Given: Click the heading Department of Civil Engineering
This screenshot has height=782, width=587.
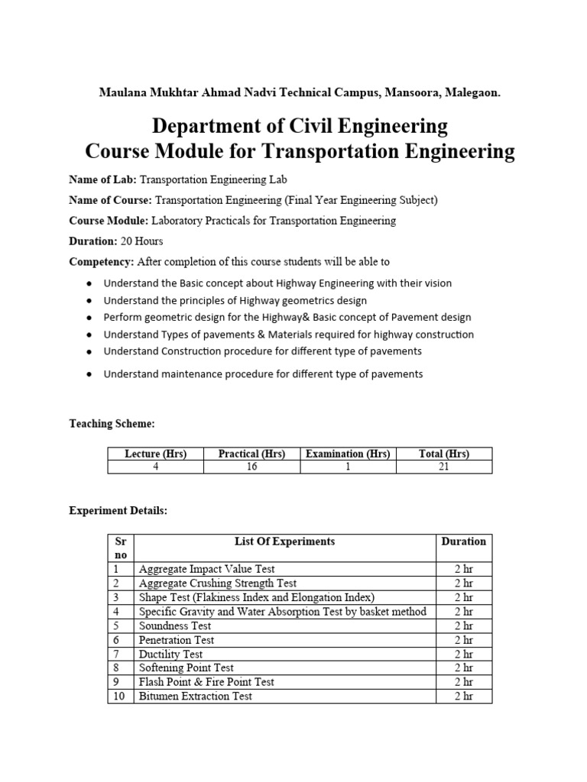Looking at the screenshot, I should tap(300, 124).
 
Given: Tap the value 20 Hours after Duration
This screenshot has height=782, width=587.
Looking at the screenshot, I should tap(141, 241).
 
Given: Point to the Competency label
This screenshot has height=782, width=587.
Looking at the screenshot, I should tap(101, 262).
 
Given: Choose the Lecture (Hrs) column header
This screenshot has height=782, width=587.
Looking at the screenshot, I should tap(155, 454).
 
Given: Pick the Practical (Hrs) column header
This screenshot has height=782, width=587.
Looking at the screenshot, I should tap(251, 454).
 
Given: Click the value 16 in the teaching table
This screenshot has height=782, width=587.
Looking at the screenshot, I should tap(251, 467).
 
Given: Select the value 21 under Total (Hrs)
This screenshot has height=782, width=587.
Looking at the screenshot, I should tap(444, 467).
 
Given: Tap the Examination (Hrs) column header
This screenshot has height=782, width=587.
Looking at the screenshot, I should tap(348, 454).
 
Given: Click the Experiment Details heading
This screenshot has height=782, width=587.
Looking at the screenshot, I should tap(118, 510).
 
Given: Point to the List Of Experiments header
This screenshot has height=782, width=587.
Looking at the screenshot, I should tap(284, 541).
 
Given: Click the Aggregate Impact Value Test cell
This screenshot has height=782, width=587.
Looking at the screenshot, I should tap(206, 569).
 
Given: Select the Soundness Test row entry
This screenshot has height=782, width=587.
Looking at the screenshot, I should tap(175, 625).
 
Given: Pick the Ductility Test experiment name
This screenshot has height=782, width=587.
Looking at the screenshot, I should tap(170, 654).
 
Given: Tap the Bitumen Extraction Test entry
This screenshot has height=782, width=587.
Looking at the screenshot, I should tap(195, 696).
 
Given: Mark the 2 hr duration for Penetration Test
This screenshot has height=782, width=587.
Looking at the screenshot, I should tap(463, 640).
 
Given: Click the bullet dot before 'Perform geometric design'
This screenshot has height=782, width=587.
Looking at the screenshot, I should tap(89, 317).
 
